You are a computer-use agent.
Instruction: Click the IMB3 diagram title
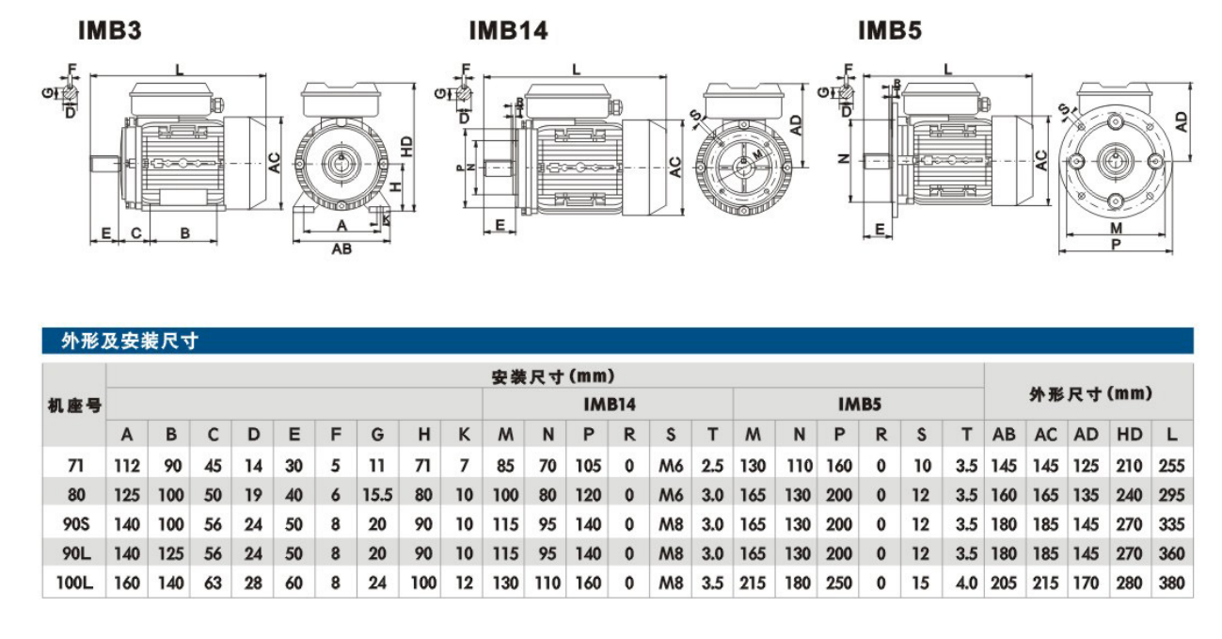tap(110, 31)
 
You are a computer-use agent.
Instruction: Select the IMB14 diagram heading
tap(508, 31)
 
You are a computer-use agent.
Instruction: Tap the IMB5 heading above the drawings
tap(889, 31)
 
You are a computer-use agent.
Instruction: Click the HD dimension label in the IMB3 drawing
tap(406, 146)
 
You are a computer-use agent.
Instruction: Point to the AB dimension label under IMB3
tap(341, 249)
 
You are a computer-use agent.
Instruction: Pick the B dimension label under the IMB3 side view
tap(185, 232)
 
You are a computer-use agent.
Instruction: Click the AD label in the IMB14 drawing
tap(796, 125)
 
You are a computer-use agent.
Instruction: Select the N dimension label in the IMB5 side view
tap(844, 158)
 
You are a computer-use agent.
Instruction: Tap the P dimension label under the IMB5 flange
tap(1116, 243)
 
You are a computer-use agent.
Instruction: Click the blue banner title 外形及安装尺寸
tap(130, 341)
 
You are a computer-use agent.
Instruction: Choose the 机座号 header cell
tap(74, 406)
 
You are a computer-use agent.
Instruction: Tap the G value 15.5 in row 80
tap(376, 495)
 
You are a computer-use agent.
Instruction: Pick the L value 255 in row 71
tap(1172, 465)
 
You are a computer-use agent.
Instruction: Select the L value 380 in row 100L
tap(1172, 583)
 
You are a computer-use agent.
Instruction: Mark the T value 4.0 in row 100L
tap(966, 583)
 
